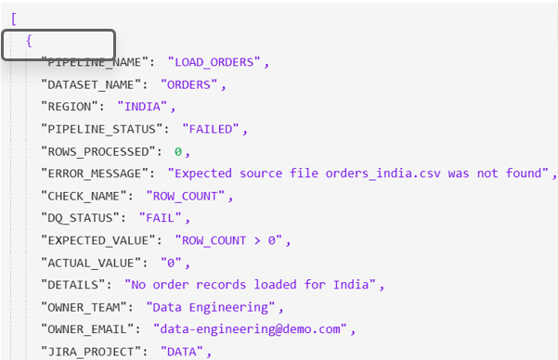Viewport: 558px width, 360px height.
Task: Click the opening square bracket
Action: click(14, 19)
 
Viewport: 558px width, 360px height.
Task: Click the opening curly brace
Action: click(29, 41)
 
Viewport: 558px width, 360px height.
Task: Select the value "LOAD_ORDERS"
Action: click(214, 62)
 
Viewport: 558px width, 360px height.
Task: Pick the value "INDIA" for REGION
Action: click(142, 107)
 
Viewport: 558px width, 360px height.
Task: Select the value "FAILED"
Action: click(211, 129)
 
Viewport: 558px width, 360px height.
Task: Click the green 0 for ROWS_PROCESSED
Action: click(178, 152)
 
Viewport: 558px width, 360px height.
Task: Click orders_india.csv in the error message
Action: click(383, 174)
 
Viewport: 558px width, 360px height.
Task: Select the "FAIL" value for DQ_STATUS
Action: click(160, 218)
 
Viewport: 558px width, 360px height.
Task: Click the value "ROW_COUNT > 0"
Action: click(228, 240)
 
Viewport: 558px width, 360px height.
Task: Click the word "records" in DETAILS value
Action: click(221, 285)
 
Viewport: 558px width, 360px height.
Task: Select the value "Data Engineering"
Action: click(211, 307)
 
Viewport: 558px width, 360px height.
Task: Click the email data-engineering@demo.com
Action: click(250, 329)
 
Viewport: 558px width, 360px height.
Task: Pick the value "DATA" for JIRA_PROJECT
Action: click(181, 352)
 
